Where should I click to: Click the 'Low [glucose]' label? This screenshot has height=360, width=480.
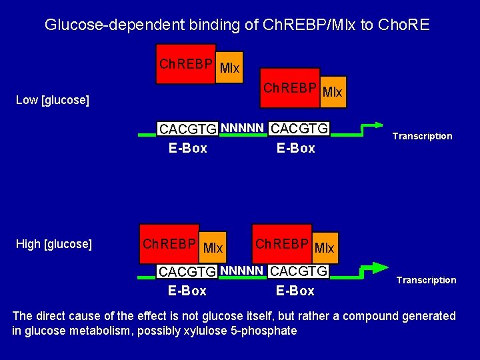point(52,100)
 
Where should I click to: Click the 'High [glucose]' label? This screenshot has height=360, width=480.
point(53,244)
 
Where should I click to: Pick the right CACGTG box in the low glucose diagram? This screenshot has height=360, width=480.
point(301,128)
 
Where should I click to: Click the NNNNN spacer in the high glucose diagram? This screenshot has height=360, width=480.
point(243,271)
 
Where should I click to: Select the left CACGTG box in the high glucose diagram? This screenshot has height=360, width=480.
point(187,272)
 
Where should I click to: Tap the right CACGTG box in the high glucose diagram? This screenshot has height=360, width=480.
point(300,271)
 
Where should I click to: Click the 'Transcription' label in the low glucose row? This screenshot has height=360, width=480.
point(422,136)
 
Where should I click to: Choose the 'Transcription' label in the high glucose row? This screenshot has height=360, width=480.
point(426,280)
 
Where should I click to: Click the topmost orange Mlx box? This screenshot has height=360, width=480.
point(229,68)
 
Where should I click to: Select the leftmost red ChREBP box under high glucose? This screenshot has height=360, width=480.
point(169,244)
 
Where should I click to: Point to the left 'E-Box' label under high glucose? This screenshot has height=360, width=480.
point(187,291)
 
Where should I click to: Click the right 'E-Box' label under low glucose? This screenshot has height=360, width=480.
point(296,148)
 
